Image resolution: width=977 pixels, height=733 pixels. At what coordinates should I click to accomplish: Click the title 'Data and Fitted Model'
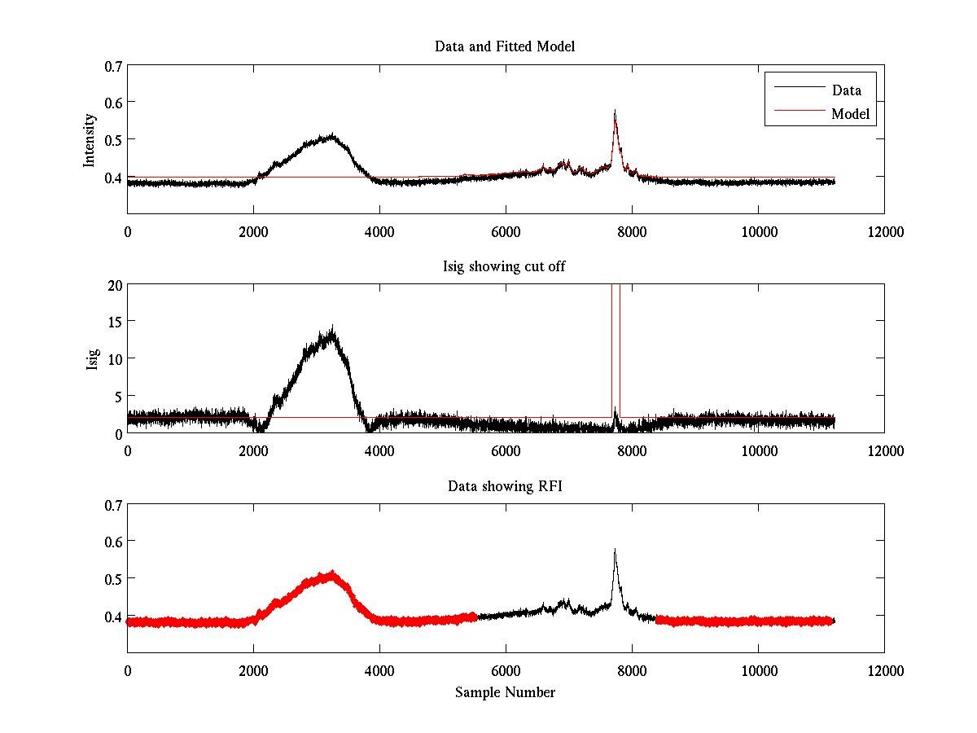pyautogui.click(x=505, y=46)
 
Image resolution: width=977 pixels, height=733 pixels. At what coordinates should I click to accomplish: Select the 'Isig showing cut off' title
pyautogui.click(x=505, y=266)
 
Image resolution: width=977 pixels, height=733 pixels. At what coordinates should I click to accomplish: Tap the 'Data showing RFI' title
pyautogui.click(x=505, y=486)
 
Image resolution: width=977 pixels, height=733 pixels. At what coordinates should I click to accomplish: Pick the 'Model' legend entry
pyautogui.click(x=851, y=114)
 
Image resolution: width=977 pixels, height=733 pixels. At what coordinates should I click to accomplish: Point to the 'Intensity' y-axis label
pyautogui.click(x=90, y=139)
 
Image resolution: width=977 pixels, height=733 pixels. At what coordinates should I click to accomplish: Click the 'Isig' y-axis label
pyautogui.click(x=93, y=358)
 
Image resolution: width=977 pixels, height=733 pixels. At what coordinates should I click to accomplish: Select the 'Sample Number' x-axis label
pyautogui.click(x=505, y=693)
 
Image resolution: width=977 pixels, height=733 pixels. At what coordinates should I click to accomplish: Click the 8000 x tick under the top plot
pyautogui.click(x=632, y=232)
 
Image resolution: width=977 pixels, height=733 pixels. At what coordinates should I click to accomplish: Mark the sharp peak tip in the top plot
pyautogui.click(x=615, y=111)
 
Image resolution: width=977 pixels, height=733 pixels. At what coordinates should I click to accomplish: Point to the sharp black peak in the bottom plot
pyautogui.click(x=615, y=551)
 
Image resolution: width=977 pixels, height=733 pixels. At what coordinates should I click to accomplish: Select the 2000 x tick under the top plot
pyautogui.click(x=253, y=232)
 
